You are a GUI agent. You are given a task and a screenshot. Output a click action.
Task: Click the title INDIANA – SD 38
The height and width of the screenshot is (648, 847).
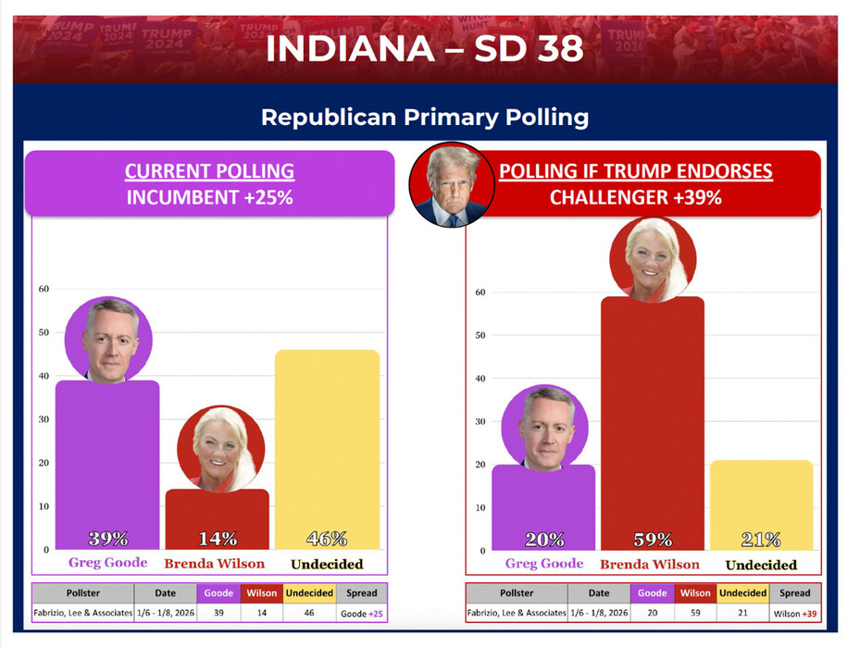click(424, 49)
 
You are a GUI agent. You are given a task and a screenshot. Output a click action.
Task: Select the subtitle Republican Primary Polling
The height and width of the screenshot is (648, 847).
click(424, 118)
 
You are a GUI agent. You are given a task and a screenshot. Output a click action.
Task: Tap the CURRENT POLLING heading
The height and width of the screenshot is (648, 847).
click(209, 171)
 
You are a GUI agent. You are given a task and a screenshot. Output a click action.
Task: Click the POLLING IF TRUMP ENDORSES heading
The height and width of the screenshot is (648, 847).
click(635, 171)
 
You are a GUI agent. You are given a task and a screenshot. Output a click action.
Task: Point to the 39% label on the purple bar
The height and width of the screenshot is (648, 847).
click(107, 539)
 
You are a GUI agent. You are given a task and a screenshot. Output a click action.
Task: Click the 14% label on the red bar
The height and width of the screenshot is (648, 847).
click(217, 539)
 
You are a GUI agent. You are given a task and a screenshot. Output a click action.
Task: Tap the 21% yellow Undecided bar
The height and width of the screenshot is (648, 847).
click(761, 505)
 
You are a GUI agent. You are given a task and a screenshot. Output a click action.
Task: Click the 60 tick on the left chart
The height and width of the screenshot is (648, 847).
click(43, 289)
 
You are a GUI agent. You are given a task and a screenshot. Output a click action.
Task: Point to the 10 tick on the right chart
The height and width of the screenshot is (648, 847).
click(480, 507)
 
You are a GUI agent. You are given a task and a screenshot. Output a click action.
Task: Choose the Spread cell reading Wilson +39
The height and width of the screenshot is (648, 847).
click(794, 613)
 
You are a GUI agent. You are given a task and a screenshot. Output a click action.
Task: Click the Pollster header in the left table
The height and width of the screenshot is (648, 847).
click(82, 592)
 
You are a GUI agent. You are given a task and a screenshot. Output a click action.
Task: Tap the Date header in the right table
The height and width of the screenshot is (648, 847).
click(599, 593)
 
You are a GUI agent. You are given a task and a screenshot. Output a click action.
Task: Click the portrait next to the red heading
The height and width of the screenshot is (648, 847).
click(451, 184)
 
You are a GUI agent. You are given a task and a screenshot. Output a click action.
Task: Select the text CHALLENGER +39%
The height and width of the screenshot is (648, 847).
click(635, 197)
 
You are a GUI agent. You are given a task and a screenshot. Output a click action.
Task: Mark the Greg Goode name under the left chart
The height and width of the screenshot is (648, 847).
click(107, 562)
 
